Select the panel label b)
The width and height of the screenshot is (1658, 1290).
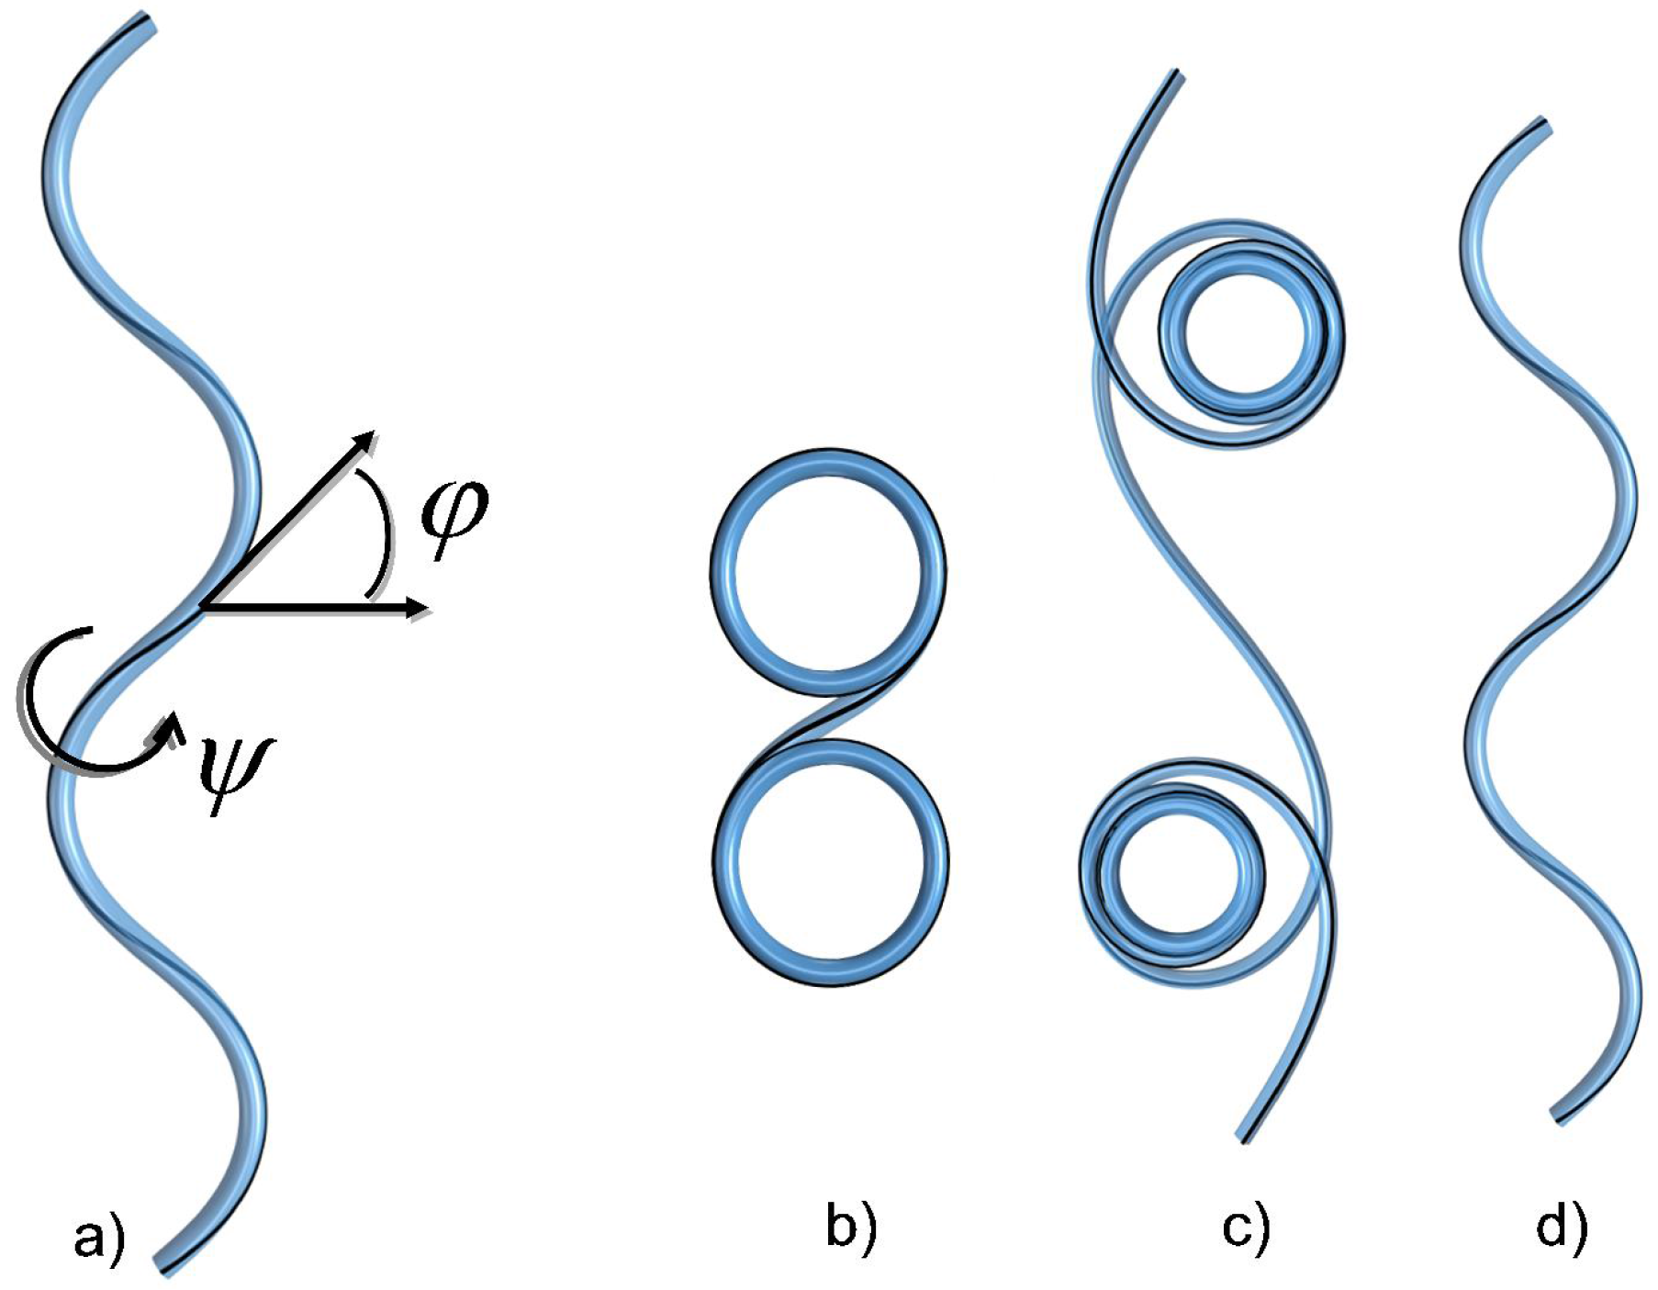point(851,1228)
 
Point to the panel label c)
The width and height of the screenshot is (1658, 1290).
point(1246,1228)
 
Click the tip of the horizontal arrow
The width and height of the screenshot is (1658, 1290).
point(427,608)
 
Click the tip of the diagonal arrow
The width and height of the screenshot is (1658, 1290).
point(374,432)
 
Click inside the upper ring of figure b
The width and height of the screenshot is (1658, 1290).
point(828,572)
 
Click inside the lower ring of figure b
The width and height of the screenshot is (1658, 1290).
point(831,863)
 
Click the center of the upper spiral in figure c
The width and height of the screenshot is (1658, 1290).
point(1250,334)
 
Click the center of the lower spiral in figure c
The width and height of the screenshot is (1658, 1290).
point(1173,872)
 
